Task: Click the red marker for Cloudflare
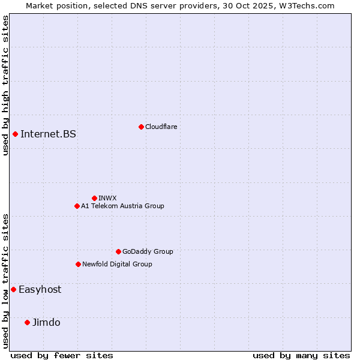coord(141,127)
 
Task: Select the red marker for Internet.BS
coord(15,134)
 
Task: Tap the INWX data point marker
coord(94,198)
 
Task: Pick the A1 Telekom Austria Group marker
coord(77,206)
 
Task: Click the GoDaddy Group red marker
coord(118,251)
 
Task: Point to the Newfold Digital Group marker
coord(78,264)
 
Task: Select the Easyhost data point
coord(13,289)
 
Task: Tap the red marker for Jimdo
coord(27,322)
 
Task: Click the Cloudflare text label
coord(161,127)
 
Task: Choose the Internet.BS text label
coord(48,134)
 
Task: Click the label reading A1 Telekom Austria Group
coord(122,206)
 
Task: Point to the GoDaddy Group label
coord(148,251)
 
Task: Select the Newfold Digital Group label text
coord(117,264)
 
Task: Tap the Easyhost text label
coord(40,289)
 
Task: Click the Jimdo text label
coord(46,322)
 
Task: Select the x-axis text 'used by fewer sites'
coord(62,355)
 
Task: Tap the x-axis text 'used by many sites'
coord(301,355)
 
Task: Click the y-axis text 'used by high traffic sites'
coord(5,85)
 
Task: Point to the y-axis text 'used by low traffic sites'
coord(5,281)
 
